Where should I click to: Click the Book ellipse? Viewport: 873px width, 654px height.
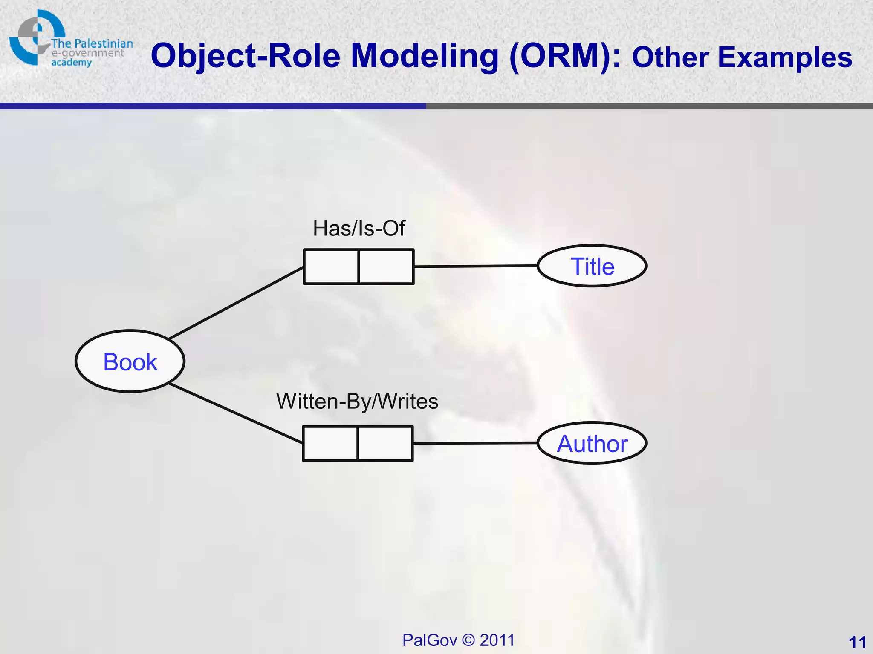130,361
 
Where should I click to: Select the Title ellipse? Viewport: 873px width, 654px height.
592,266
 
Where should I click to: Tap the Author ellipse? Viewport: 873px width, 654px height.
592,443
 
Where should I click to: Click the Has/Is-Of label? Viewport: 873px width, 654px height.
359,228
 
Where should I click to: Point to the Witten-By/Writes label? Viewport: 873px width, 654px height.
357,401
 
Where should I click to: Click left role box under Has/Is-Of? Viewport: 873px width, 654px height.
331,267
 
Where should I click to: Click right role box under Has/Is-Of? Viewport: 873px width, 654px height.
386,267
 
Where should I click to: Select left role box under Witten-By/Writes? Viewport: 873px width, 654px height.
330,443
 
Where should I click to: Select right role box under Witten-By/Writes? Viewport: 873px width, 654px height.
385,443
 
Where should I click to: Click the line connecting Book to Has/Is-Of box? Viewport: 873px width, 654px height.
237,303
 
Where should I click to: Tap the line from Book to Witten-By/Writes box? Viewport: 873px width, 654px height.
237,413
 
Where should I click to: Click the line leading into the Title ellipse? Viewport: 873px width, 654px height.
475,266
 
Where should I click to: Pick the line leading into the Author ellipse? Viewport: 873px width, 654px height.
475,443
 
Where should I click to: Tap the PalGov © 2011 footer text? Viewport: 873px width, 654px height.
458,640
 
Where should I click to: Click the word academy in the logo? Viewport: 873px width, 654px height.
71,63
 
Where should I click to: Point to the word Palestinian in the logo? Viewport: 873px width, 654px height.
104,43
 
